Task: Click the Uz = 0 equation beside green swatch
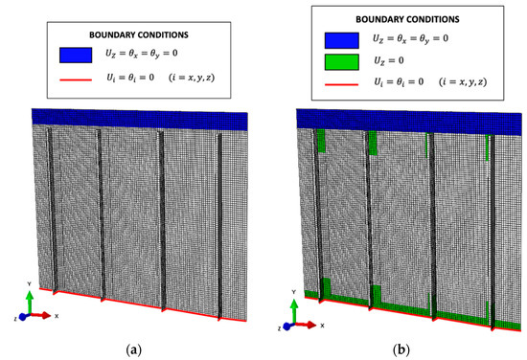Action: [388, 65]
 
